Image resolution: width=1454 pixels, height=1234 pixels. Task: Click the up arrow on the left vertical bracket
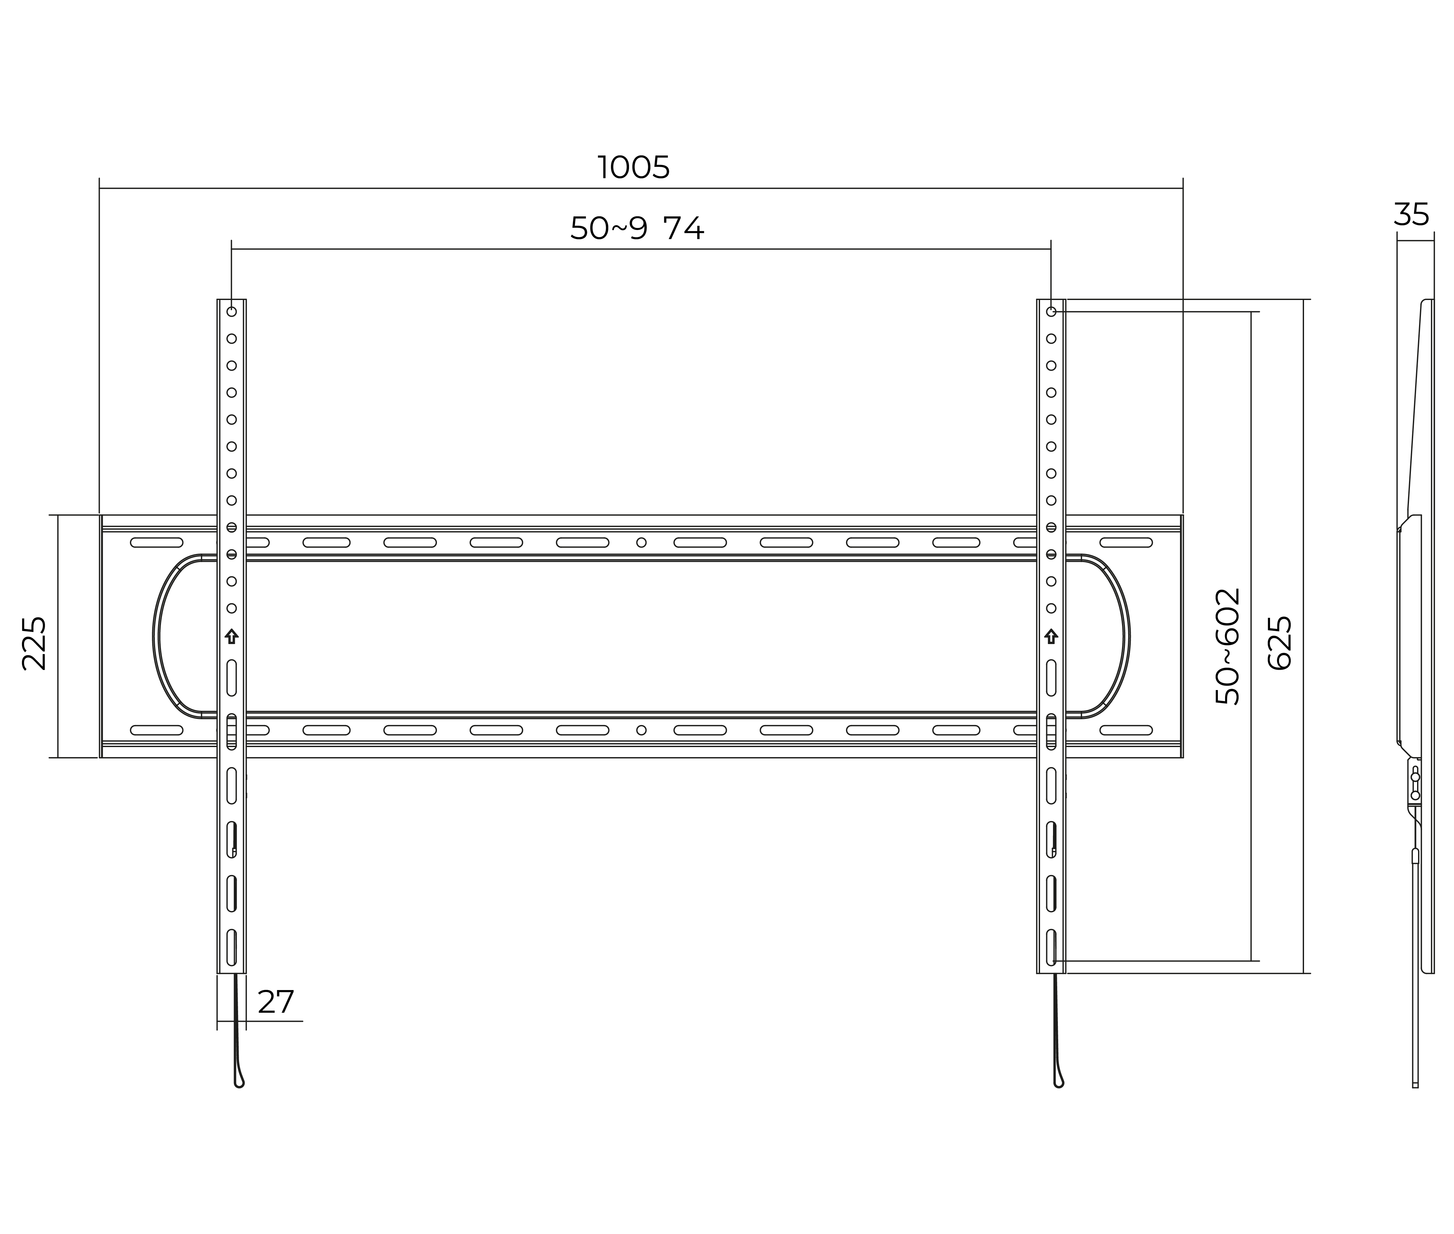(x=232, y=636)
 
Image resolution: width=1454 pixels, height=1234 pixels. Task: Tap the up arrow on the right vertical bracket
(x=1050, y=636)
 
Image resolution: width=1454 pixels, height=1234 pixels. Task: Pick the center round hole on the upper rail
(x=641, y=542)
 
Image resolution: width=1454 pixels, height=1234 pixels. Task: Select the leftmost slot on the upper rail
(x=157, y=542)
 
